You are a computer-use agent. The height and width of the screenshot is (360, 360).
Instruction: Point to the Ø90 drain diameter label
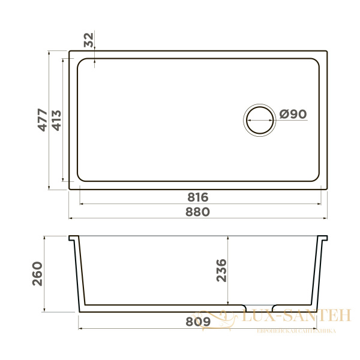293,115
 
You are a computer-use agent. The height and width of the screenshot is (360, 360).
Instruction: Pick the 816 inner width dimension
197,197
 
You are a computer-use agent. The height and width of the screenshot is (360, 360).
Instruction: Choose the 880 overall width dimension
197,212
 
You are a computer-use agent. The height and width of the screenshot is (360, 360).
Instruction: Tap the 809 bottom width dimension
197,322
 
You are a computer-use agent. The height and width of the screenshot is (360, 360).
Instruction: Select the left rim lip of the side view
74,239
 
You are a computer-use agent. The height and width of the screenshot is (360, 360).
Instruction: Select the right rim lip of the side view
325,239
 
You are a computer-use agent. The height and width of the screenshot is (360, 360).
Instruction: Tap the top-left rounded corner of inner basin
82,62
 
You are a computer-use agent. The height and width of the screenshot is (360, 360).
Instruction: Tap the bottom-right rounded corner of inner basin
316,178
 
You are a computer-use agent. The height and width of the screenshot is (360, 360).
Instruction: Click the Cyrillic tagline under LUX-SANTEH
295,331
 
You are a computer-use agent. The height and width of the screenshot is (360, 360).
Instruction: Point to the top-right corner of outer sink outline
327,52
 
